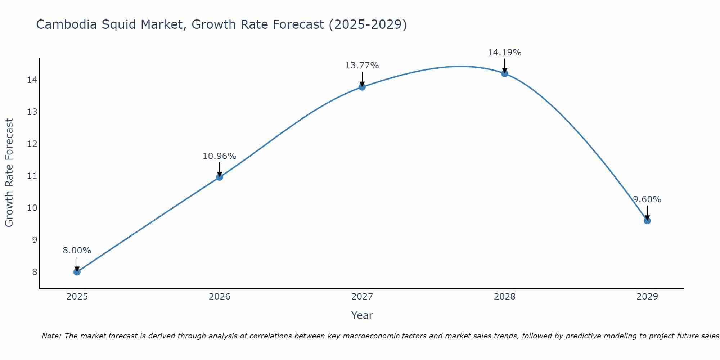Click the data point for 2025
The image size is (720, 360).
pyautogui.click(x=77, y=272)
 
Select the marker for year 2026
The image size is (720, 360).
pyautogui.click(x=220, y=177)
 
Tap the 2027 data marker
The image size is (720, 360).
pyautogui.click(x=362, y=87)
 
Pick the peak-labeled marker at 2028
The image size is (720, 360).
pyautogui.click(x=505, y=73)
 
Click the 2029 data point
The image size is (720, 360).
pyautogui.click(x=647, y=221)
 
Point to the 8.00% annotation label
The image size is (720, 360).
pyautogui.click(x=77, y=251)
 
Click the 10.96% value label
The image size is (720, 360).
pyautogui.click(x=220, y=156)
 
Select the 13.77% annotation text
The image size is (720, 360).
pyautogui.click(x=362, y=66)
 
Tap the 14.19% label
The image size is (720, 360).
pyautogui.click(x=505, y=53)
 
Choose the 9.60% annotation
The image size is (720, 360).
pyautogui.click(x=647, y=199)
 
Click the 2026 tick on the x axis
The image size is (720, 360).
pyautogui.click(x=220, y=297)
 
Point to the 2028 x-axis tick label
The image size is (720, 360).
pyautogui.click(x=505, y=297)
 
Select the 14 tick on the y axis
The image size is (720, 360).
pyautogui.click(x=32, y=80)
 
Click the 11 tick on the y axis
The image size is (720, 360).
pyautogui.click(x=32, y=176)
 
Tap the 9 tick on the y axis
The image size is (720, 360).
pyautogui.click(x=35, y=240)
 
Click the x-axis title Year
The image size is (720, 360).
pyautogui.click(x=362, y=315)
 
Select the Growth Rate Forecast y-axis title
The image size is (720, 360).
pyautogui.click(x=9, y=173)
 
